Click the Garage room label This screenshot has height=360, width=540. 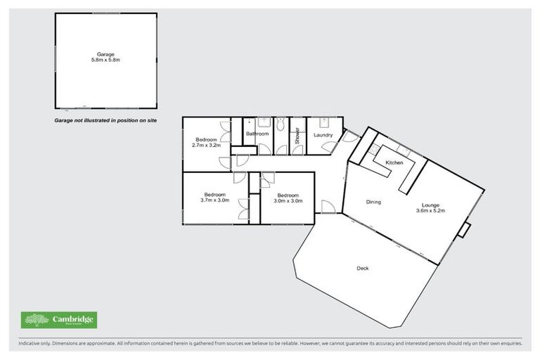[105, 53]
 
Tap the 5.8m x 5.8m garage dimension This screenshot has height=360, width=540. [105, 60]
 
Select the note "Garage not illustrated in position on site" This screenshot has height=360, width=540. [106, 121]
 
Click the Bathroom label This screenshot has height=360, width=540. [257, 134]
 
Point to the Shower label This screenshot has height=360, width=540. [297, 135]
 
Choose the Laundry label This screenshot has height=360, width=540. [323, 134]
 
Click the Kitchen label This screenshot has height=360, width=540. [394, 163]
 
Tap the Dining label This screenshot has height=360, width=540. [373, 202]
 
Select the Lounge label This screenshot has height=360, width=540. [431, 205]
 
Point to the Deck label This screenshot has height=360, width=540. [363, 269]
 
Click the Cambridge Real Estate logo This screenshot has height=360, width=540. [59, 321]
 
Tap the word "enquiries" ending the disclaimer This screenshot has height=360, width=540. [509, 344]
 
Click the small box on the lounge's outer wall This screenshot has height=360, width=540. [464, 230]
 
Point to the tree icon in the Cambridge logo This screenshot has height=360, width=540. [37, 321]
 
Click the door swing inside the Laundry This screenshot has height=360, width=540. [329, 146]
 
